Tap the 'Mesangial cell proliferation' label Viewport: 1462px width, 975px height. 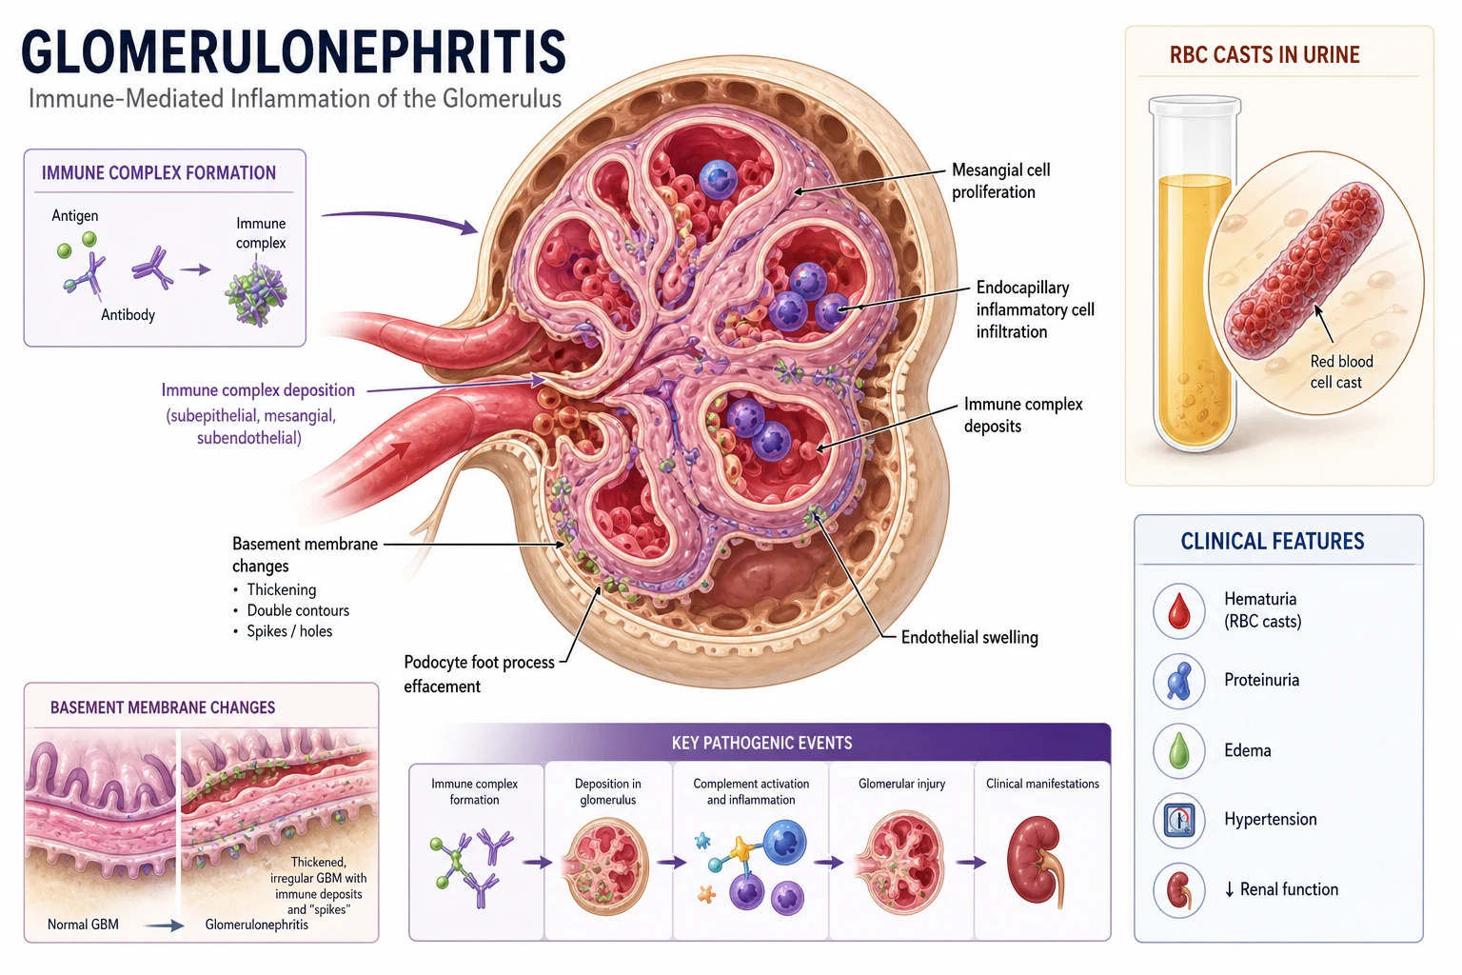[1000, 181]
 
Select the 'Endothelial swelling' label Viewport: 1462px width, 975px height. [969, 637]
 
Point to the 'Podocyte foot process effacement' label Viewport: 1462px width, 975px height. [479, 674]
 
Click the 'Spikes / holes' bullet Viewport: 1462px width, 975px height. [289, 631]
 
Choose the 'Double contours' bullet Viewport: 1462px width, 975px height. [298, 610]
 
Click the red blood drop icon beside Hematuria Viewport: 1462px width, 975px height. [1178, 611]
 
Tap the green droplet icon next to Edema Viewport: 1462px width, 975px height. [1178, 750]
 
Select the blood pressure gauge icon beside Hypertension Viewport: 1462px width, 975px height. [1178, 820]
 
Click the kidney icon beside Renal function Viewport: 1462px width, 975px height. [1178, 890]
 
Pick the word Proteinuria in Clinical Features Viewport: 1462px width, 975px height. [1261, 680]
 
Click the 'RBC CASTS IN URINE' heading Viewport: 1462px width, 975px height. [1264, 55]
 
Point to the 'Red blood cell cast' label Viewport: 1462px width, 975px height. [1340, 371]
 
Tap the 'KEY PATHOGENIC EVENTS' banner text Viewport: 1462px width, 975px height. [761, 744]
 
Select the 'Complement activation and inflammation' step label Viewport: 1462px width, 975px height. [751, 791]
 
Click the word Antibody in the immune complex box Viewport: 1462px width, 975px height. [128, 315]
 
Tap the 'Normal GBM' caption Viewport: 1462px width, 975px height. [83, 925]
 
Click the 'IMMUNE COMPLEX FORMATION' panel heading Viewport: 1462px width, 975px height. [159, 173]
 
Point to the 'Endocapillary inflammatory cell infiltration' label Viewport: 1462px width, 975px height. [1035, 309]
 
